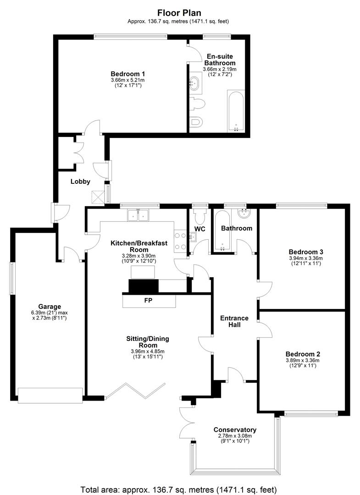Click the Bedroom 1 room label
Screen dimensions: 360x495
128,74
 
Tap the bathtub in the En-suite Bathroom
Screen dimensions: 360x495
236,110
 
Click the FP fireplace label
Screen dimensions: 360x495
148,300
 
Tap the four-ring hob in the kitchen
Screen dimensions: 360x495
180,241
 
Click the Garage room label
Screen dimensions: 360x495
50,306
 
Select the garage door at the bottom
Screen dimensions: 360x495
50,395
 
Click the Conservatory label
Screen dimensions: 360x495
235,429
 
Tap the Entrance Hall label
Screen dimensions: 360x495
235,321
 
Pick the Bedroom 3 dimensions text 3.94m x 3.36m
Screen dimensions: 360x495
306,258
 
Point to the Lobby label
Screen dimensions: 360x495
80,181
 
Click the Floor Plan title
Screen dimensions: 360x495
179,13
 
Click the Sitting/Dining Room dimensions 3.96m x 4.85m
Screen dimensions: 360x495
148,351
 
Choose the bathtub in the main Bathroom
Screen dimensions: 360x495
222,230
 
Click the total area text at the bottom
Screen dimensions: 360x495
179,489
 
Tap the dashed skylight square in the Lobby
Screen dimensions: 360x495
98,197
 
